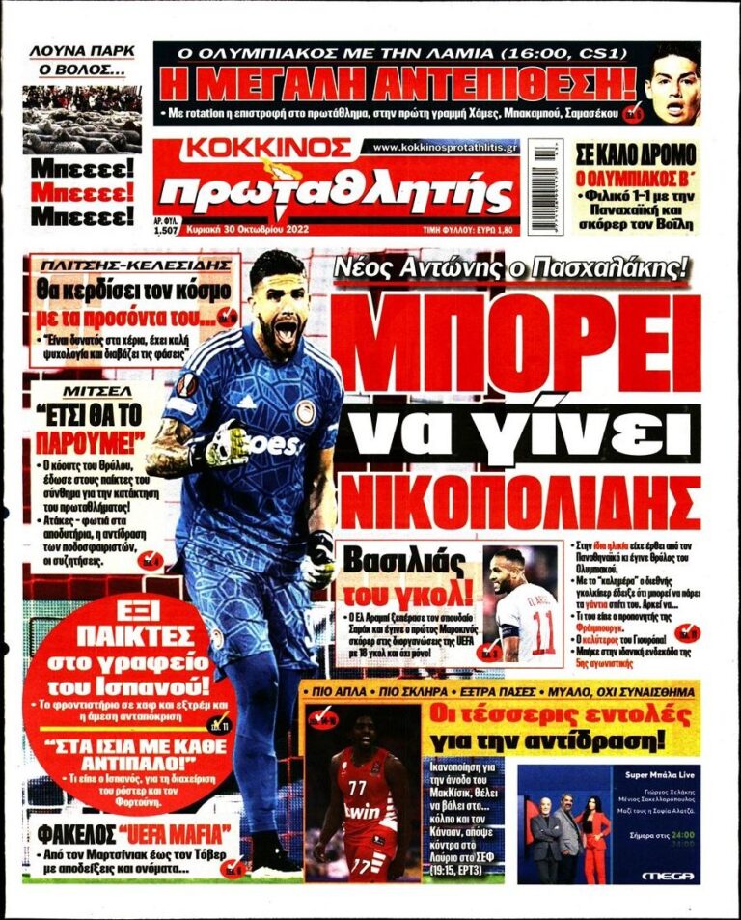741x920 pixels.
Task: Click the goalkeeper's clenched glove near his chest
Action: (228, 443)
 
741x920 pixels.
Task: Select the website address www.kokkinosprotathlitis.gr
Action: (445, 147)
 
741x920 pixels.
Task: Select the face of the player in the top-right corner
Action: (673, 85)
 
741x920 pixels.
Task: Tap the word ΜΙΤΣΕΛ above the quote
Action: (85, 395)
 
